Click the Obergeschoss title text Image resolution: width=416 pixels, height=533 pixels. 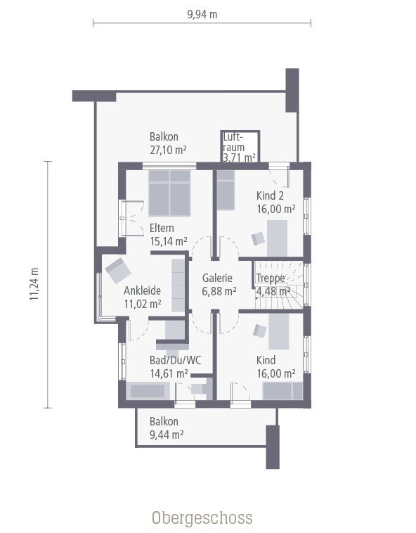202,518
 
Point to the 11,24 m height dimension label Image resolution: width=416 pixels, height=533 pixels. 34,284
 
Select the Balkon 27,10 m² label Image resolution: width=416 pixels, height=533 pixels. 168,143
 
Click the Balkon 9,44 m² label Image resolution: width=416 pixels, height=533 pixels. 166,428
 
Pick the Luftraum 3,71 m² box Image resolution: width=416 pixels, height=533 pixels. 240,147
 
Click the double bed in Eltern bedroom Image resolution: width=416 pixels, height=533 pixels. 170,192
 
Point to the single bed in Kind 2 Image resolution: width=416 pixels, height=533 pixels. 225,191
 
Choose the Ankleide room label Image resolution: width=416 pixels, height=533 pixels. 143,290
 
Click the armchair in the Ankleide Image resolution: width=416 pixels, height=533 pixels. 117,270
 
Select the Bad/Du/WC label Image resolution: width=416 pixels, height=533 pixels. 175,360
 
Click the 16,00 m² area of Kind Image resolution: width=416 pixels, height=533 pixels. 275,373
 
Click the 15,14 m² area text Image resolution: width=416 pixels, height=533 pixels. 168,241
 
